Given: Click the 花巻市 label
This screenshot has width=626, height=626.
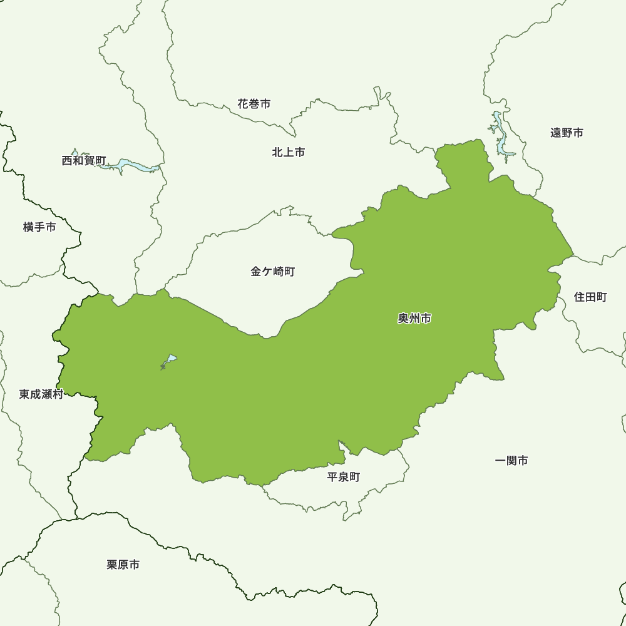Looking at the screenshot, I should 254,104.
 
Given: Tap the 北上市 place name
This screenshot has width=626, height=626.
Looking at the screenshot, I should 289,152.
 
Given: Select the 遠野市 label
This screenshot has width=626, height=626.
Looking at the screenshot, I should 567,133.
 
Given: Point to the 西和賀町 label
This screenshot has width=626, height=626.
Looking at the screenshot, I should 84,161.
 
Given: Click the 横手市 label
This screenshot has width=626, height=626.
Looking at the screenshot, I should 39,227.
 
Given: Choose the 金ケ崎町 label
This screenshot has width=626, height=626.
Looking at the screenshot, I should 272,272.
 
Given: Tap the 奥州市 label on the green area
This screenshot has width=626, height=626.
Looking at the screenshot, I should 414,319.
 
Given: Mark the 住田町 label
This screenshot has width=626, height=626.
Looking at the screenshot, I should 590,297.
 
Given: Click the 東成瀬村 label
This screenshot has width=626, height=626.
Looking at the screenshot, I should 41,394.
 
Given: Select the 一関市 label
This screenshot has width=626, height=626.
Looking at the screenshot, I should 511,461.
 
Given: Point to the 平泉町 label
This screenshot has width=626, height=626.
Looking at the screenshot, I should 344,477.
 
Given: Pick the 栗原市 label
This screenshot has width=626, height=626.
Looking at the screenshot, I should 123,565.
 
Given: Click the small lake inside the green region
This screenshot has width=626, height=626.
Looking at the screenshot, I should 169,361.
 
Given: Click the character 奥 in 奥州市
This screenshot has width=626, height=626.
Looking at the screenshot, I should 403,319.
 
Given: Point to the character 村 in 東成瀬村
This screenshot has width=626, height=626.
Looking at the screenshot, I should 58,394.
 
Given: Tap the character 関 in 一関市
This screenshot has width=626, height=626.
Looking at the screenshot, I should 511,461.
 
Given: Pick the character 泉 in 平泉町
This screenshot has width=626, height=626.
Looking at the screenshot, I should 344,477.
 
